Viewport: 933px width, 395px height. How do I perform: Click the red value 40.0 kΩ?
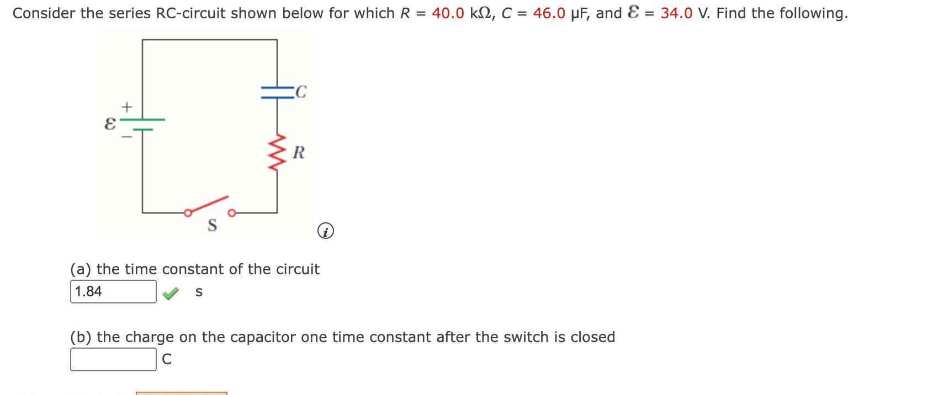click(463, 13)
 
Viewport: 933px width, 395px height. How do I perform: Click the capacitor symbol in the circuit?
click(277, 92)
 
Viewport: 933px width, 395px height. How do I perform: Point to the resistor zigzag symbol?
click(277, 152)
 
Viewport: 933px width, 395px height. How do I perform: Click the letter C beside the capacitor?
click(301, 92)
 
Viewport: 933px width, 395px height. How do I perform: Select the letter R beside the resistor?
click(299, 152)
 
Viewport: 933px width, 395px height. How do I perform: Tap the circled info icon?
click(326, 232)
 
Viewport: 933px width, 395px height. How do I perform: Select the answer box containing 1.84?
click(113, 292)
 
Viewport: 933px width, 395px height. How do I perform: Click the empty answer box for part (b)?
click(113, 360)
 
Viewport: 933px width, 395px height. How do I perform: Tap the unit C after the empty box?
click(166, 360)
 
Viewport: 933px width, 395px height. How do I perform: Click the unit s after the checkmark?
click(199, 293)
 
